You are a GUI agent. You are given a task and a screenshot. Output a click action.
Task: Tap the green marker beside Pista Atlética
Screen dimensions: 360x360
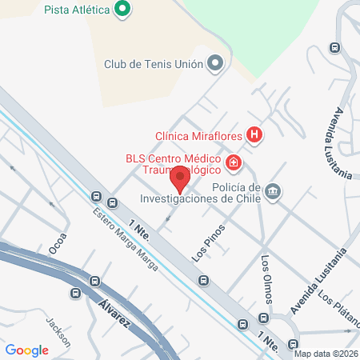pyautogui.click(x=122, y=10)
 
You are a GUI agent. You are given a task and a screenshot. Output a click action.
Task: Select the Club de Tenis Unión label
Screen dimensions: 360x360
pyautogui.click(x=153, y=63)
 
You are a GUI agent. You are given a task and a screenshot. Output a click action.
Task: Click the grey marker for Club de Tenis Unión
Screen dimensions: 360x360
pyautogui.click(x=214, y=63)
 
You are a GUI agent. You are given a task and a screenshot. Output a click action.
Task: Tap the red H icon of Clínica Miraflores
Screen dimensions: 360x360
pyautogui.click(x=254, y=135)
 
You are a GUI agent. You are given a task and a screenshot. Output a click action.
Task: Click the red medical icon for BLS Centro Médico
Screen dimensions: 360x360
pyautogui.click(x=234, y=163)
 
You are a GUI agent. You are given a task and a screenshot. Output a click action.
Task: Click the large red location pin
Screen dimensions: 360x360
pyautogui.click(x=182, y=179)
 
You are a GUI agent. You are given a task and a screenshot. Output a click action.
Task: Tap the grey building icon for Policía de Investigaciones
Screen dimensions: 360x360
pyautogui.click(x=274, y=190)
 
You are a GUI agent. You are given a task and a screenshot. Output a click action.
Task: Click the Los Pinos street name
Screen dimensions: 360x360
pyautogui.click(x=209, y=244)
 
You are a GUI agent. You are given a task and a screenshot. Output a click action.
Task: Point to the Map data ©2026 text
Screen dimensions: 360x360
pyautogui.click(x=325, y=353)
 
